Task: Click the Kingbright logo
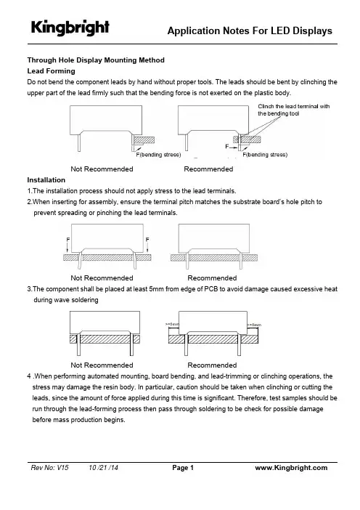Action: pos(70,28)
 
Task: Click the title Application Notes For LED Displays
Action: pos(250,31)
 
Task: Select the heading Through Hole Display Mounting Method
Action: pos(96,60)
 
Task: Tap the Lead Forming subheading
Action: pos(51,71)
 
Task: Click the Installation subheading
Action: pos(46,180)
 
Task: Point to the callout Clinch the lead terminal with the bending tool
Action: pos(294,110)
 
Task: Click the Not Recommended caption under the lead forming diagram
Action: pos(102,169)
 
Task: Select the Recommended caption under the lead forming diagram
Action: pos(208,169)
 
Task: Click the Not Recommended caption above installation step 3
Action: pos(102,278)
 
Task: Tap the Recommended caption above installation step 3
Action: pos(212,278)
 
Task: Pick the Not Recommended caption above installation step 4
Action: pos(102,365)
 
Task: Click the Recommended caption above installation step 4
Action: pos(212,365)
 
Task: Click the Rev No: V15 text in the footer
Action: pos(49,468)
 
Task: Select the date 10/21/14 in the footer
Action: pos(103,468)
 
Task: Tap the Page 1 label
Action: pos(183,468)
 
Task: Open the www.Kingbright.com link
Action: pos(291,468)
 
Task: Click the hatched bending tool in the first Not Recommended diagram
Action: pos(144,140)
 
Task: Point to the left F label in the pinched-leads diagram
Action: pos(68,240)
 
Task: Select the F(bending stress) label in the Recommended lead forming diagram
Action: pos(265,155)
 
